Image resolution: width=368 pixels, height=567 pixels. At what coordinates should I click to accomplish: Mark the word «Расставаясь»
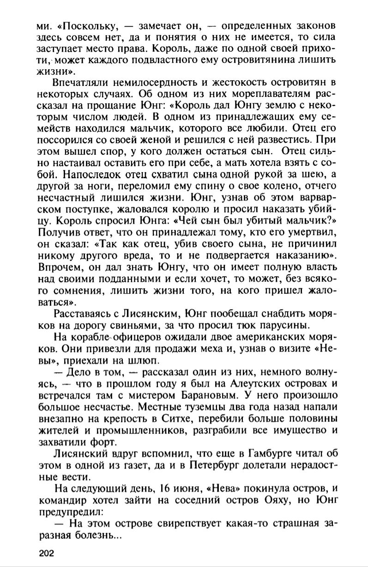coord(83,314)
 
